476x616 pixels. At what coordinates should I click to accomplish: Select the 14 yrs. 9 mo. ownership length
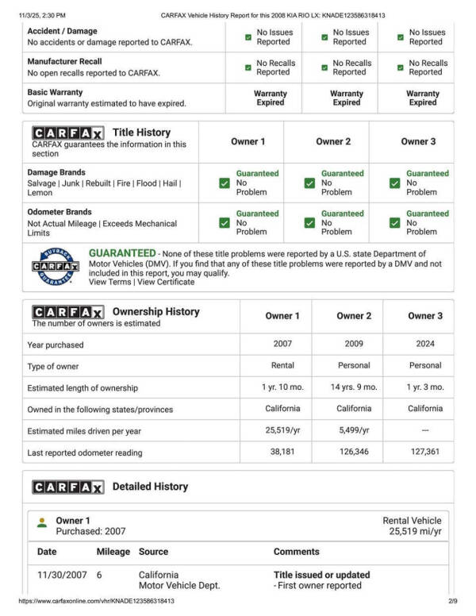tap(354, 387)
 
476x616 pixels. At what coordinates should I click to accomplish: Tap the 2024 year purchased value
tap(425, 345)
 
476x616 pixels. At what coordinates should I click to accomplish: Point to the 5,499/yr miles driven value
tap(354, 430)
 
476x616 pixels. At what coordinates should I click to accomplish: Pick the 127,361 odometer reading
tap(425, 452)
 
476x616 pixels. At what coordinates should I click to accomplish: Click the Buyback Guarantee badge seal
tap(55, 267)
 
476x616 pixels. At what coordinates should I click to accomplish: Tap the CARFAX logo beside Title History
tap(67, 133)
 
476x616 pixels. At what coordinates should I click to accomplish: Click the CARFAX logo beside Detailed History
tap(67, 487)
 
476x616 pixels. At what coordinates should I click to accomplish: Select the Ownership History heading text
tap(156, 312)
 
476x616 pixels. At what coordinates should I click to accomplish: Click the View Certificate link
tap(164, 282)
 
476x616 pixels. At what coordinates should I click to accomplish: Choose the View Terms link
tap(110, 282)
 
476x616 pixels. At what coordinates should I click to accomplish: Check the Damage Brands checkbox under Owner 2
tap(309, 183)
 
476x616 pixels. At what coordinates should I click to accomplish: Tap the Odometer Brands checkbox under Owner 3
tap(394, 223)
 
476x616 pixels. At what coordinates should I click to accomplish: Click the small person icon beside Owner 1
tap(42, 522)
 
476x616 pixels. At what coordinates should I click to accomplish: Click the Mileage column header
tap(113, 552)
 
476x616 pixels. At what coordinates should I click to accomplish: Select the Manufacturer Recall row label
tap(65, 61)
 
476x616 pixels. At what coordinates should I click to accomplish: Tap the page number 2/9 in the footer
tap(453, 602)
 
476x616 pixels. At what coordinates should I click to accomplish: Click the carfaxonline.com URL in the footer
tap(96, 602)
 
